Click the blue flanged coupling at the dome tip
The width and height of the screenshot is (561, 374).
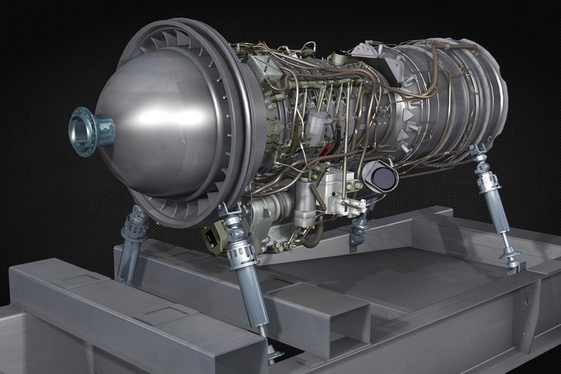89,131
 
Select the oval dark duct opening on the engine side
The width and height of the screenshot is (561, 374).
381,177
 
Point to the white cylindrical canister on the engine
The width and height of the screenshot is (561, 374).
317,126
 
